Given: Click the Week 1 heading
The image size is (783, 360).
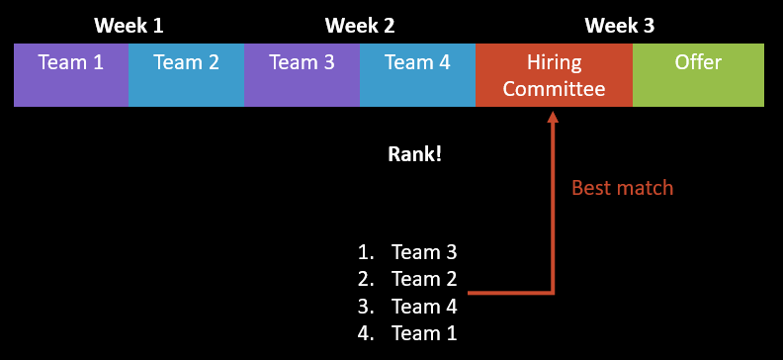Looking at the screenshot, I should [x=129, y=26].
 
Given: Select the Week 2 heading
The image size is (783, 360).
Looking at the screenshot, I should [x=360, y=26].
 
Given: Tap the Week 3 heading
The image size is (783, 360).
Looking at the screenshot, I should [x=619, y=26].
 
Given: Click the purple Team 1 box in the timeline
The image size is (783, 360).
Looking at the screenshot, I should [x=70, y=74].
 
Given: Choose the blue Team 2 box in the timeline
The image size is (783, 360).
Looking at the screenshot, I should [x=186, y=74].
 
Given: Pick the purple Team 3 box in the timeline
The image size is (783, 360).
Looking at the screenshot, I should [x=302, y=74].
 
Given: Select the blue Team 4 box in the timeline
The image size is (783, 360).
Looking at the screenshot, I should [x=417, y=74].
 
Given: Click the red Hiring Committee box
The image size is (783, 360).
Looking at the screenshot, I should [x=554, y=75].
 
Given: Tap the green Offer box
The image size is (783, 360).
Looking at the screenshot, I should [x=698, y=74].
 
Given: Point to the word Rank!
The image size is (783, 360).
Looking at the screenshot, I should [x=414, y=154].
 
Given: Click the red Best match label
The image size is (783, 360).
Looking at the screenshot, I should [x=622, y=187].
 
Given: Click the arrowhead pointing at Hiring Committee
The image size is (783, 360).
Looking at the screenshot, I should [x=553, y=118].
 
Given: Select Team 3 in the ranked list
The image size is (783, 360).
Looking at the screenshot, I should [x=424, y=252].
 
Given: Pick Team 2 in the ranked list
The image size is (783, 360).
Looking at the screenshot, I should [x=424, y=279].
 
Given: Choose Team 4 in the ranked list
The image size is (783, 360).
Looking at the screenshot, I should [x=424, y=306].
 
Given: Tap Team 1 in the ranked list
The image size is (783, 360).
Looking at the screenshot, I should [x=424, y=333].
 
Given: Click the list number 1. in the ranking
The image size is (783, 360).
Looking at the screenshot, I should [x=366, y=252].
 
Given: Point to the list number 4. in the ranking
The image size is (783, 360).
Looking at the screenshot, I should [x=366, y=333].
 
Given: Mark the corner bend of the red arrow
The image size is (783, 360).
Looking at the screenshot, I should [x=553, y=293].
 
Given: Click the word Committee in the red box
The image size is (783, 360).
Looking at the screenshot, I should [x=554, y=90].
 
